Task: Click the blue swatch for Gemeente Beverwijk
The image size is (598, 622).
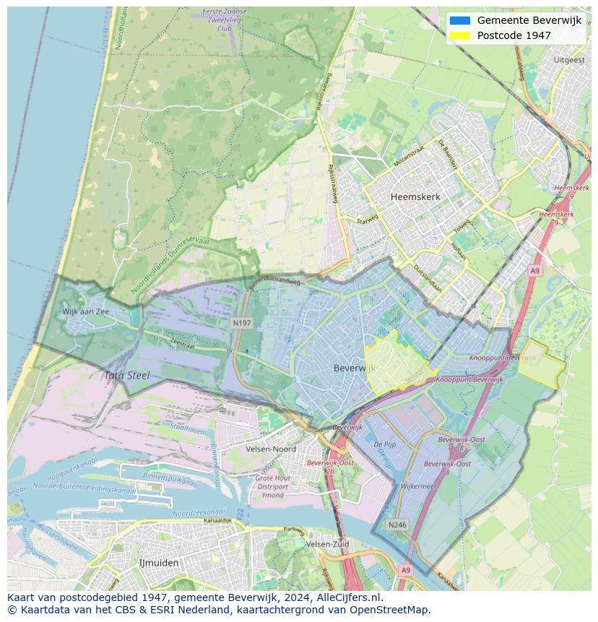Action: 459,20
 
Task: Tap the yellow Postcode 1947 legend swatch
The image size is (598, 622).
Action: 459,35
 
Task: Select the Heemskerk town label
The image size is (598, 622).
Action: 415,196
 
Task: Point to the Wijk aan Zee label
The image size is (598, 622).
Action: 85,311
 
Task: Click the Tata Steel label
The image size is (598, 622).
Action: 126,376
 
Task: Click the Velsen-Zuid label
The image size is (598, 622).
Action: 327,544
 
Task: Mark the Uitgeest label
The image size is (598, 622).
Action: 568,60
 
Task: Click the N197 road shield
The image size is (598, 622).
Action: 242,323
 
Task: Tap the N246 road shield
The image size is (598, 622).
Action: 396,525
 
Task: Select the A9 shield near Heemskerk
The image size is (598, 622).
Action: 534,270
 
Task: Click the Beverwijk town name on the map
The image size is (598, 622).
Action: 352,368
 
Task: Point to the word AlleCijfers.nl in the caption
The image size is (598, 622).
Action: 349,597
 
